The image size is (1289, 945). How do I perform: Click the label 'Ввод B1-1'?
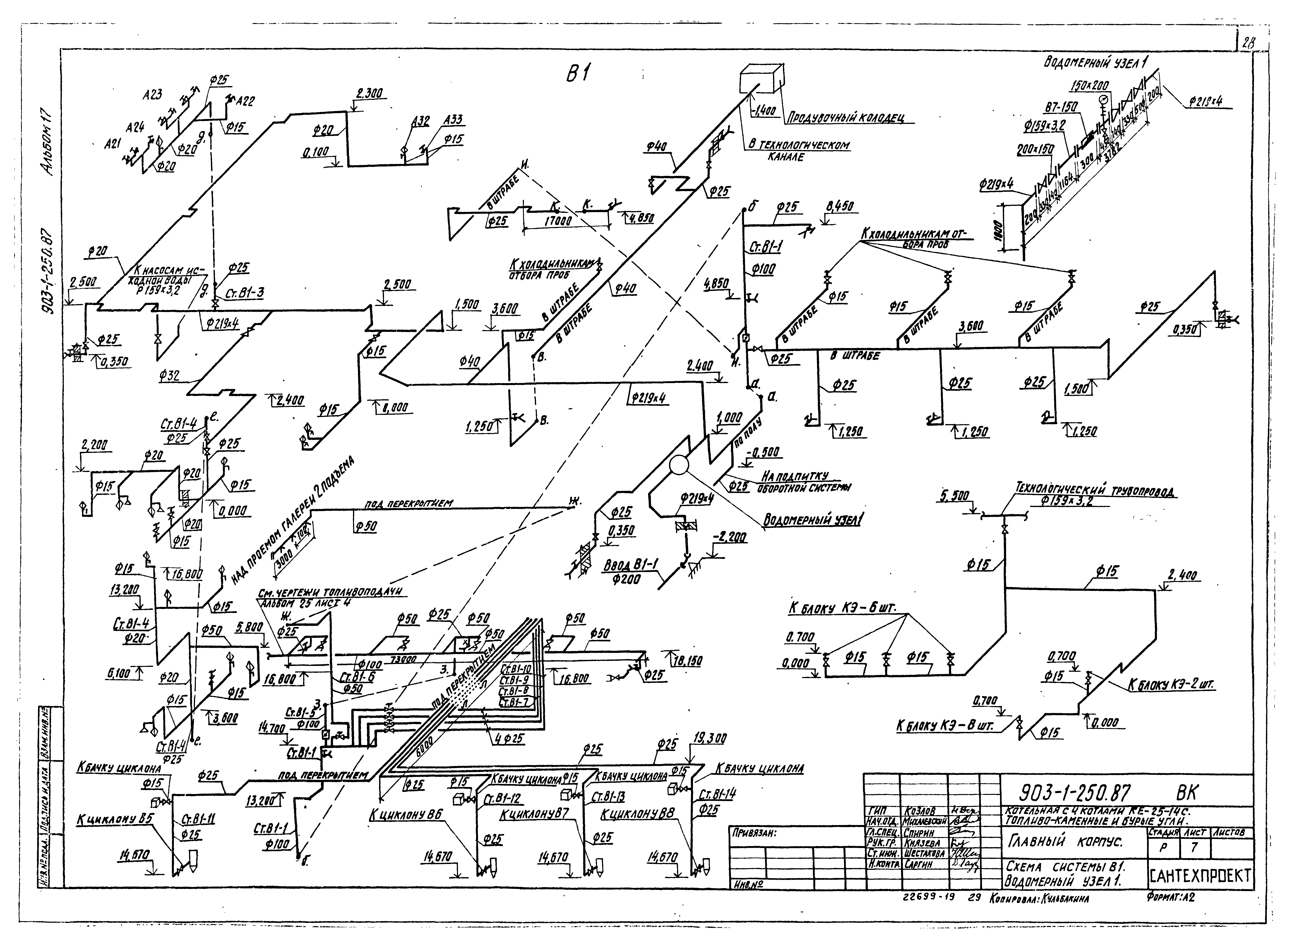[630, 565]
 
